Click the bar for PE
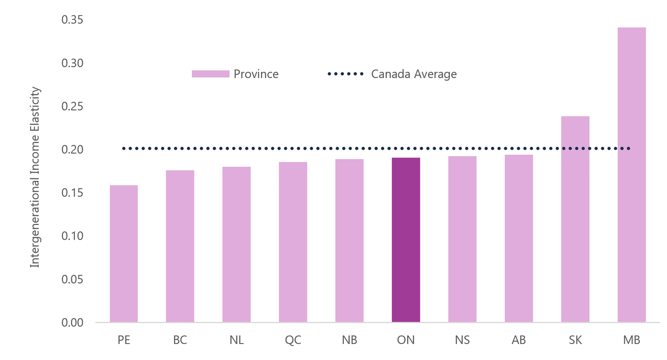124,253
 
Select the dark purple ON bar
406,240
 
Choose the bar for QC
293,242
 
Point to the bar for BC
180,246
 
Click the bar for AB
518,238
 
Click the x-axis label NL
236,340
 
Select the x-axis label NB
349,340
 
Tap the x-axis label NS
462,340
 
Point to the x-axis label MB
631,340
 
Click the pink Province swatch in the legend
210,74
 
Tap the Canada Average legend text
414,74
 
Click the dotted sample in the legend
345,74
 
